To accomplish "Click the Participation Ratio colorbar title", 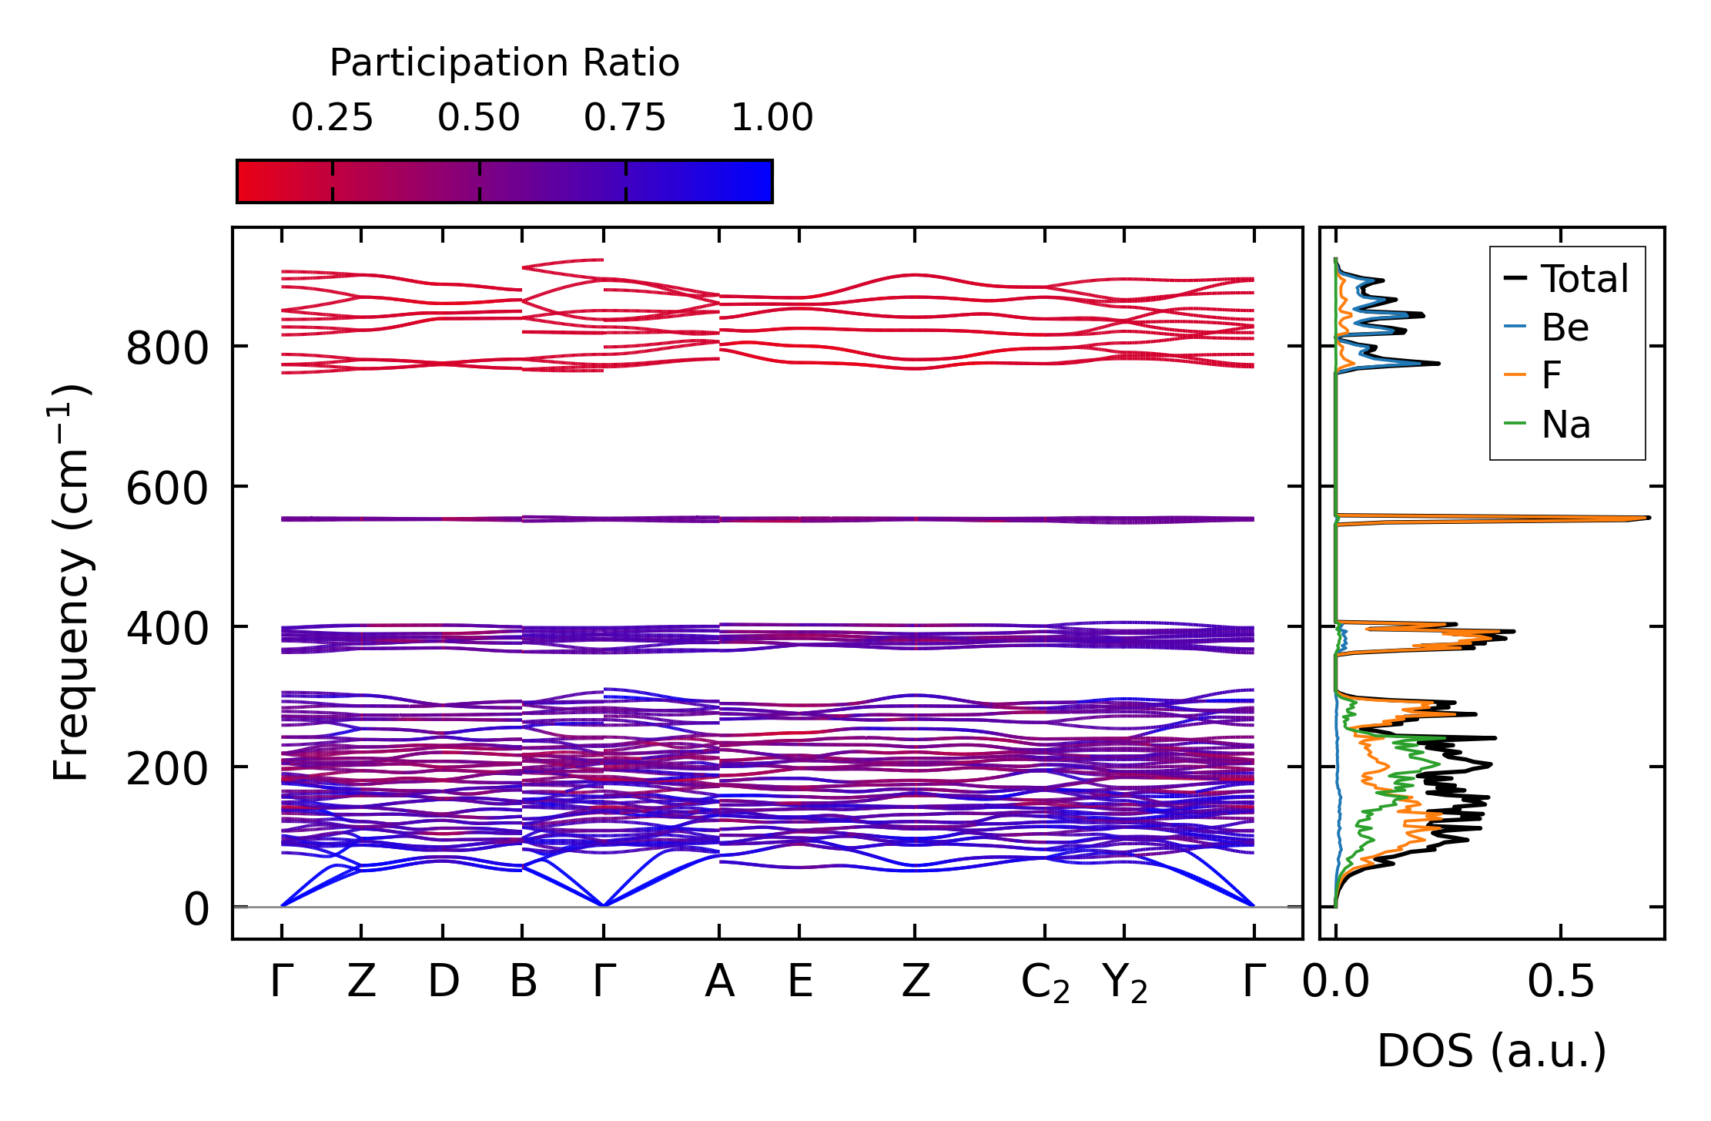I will click(x=504, y=63).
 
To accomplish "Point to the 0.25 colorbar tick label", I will click(x=332, y=119).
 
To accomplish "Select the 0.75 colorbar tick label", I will click(x=624, y=119).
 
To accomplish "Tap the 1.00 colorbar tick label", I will click(x=772, y=119).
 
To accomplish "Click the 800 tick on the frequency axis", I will click(x=166, y=348).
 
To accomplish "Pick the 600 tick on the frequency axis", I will click(x=166, y=488).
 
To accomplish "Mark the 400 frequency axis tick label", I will click(x=166, y=629).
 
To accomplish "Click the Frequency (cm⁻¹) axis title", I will click(x=71, y=582).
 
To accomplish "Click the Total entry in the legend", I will click(x=1583, y=279).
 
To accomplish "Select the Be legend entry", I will click(x=1565, y=328).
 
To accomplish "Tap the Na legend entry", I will click(x=1565, y=425).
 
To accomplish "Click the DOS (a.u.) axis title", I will click(x=1492, y=1052).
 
